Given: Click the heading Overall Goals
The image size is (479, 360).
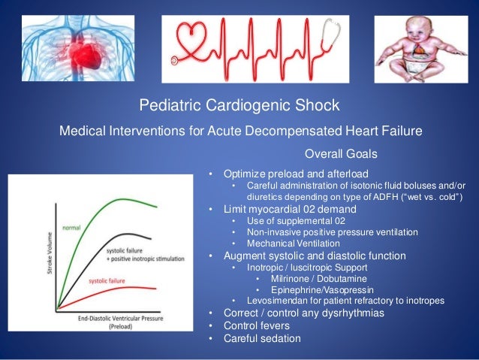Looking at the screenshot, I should coord(341,154).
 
